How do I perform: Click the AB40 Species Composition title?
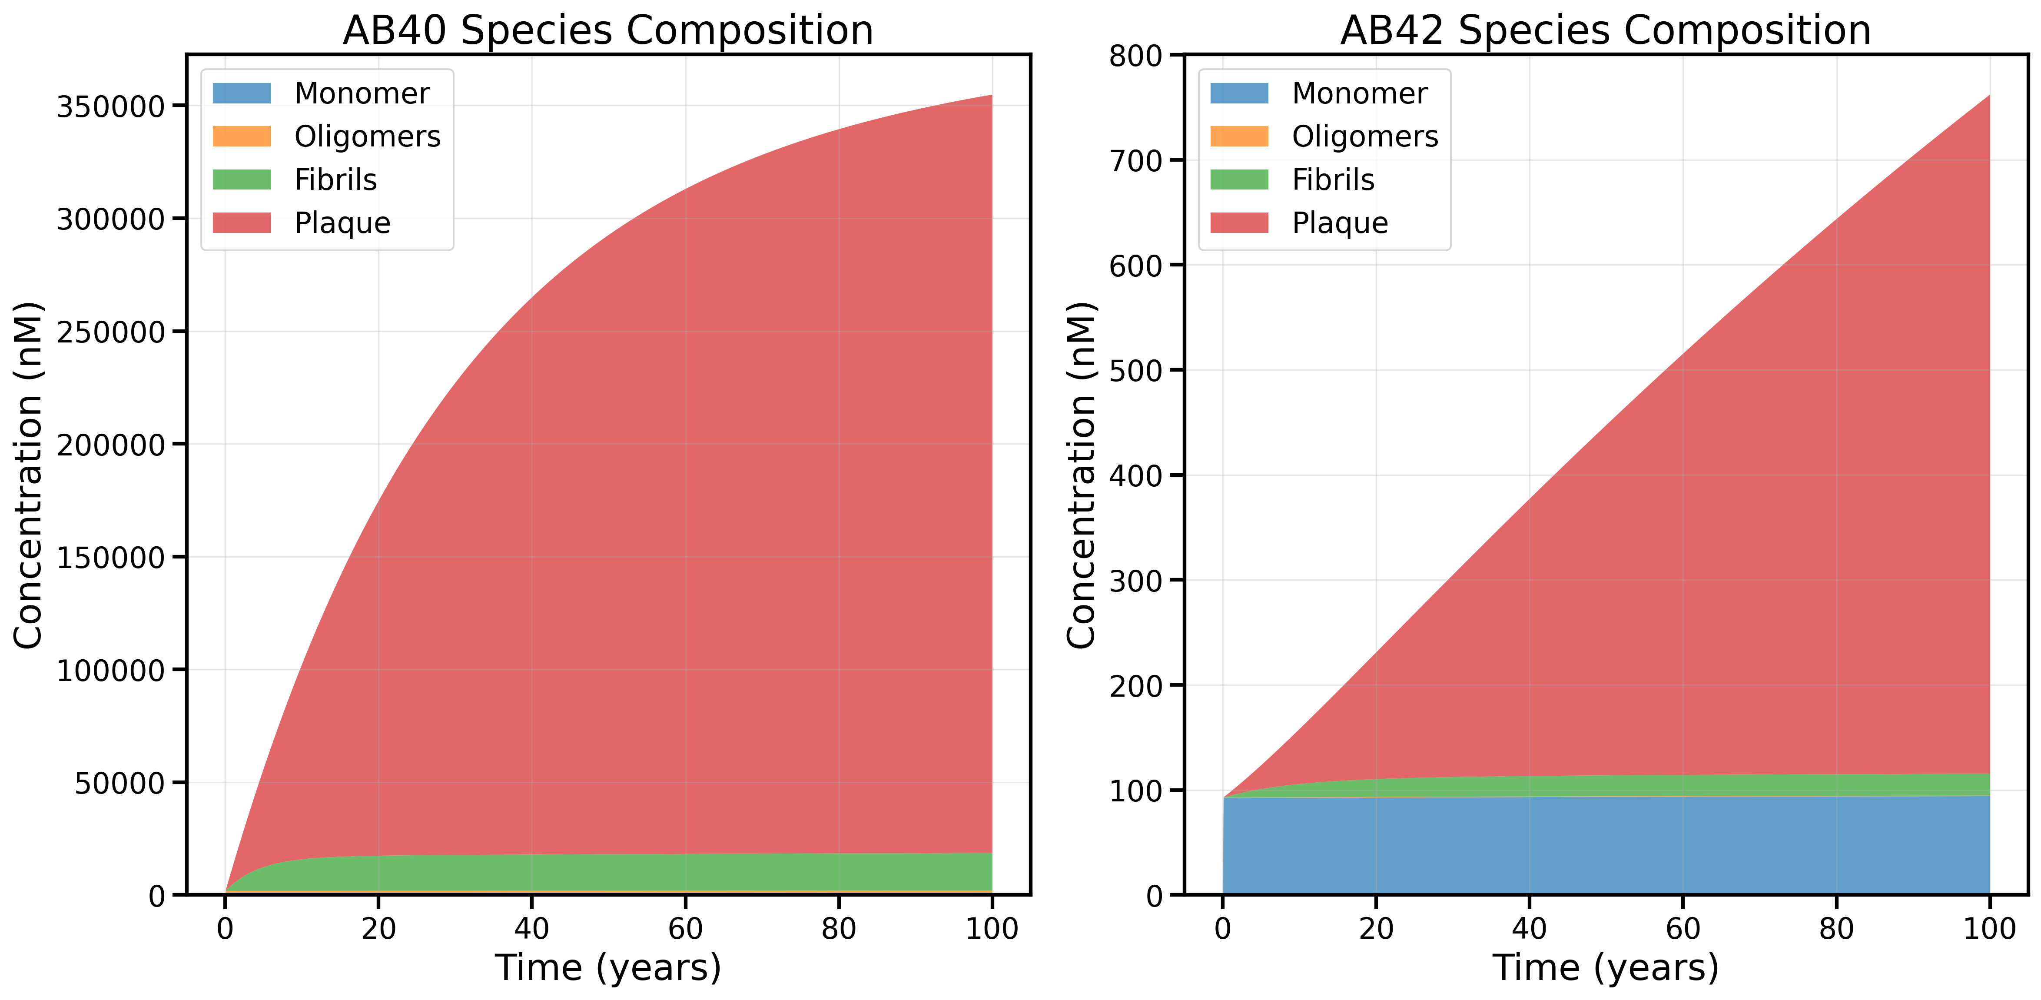click(608, 31)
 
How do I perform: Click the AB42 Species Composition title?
click(1605, 31)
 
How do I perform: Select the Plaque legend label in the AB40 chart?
click(342, 223)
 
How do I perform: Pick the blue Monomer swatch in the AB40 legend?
click(242, 93)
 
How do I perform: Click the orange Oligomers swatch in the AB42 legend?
click(1239, 136)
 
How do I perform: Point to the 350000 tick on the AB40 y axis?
click(110, 106)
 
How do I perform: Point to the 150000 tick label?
click(110, 557)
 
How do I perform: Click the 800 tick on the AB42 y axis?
click(1135, 56)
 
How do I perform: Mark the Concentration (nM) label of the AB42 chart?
click(1081, 475)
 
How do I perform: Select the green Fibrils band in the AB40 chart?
click(608, 872)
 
